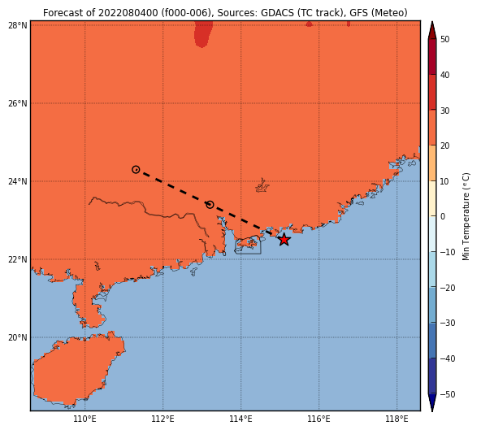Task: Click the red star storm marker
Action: click(284, 240)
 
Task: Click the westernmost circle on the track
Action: click(136, 169)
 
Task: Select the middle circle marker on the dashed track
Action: click(210, 204)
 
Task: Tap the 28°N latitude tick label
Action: click(18, 25)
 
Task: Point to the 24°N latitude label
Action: click(18, 181)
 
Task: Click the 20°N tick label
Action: click(18, 337)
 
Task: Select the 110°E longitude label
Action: click(84, 419)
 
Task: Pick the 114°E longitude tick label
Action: click(240, 419)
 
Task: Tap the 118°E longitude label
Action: click(397, 419)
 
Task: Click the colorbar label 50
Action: click(444, 39)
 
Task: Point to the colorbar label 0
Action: click(443, 216)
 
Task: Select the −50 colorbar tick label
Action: click(448, 394)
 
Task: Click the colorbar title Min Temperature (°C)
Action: click(466, 216)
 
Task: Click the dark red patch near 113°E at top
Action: click(202, 34)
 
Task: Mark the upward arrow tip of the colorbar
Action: click(432, 21)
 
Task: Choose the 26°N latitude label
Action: click(18, 103)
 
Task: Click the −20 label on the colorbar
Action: click(448, 288)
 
